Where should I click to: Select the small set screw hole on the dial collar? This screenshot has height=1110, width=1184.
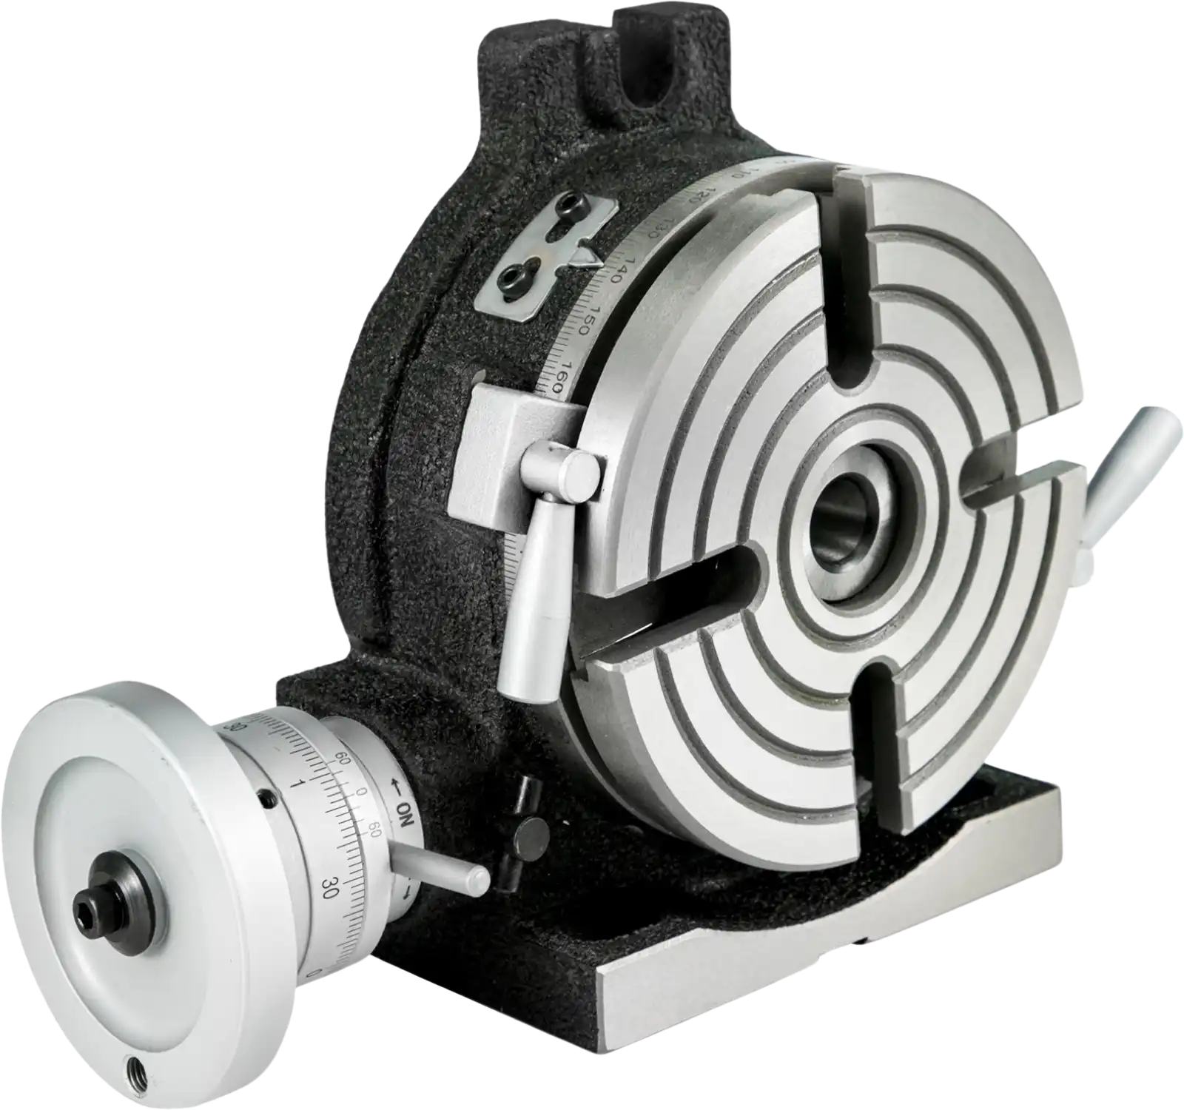click(x=264, y=799)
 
